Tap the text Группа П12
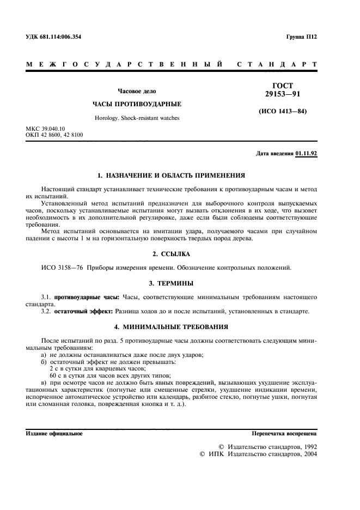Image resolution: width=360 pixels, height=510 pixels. pos(301,37)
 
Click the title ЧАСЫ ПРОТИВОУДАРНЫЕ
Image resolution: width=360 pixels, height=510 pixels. pos(136,104)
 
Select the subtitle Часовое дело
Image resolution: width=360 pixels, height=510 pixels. pos(137,91)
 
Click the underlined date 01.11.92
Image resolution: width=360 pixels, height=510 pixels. pos(306,154)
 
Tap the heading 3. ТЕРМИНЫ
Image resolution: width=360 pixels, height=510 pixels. pos(170,283)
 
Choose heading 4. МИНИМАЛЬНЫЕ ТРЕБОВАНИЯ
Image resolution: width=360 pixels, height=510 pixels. pos(170,326)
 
